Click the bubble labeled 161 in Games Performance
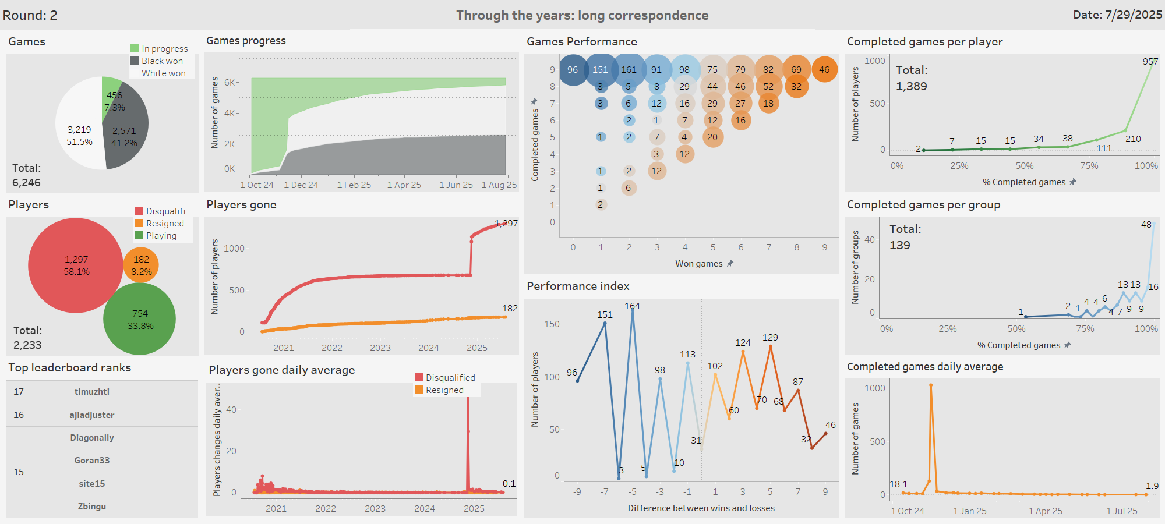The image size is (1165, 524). click(x=629, y=70)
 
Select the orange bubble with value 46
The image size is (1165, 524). click(x=824, y=70)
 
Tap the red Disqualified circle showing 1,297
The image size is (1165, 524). click(x=76, y=265)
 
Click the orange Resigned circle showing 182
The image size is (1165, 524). click(x=141, y=265)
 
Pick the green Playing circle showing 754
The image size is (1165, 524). click(x=140, y=319)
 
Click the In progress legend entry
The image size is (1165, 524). click(x=164, y=49)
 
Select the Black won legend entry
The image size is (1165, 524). click(x=162, y=61)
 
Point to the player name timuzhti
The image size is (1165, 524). click(x=91, y=392)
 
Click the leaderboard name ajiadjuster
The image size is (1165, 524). click(x=91, y=415)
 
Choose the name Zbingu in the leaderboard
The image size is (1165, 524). click(x=91, y=507)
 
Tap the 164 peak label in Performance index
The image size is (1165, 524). click(x=632, y=306)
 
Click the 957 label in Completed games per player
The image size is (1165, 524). click(x=1150, y=62)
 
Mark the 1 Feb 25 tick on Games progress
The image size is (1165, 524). click(x=354, y=185)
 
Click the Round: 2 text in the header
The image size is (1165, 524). click(x=30, y=15)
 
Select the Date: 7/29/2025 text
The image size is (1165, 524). click(x=1117, y=15)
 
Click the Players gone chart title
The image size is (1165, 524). click(x=241, y=205)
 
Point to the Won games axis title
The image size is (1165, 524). click(x=698, y=264)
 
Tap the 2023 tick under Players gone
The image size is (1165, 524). click(x=380, y=348)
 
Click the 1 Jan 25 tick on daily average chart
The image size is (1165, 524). click(x=969, y=511)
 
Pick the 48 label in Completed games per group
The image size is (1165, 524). click(x=1146, y=225)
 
